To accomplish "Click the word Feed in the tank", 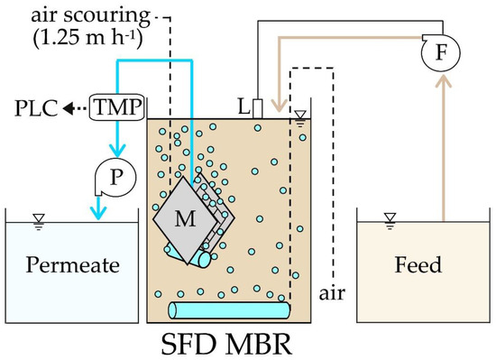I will tap(418, 266).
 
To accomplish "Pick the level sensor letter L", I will tap(243, 107).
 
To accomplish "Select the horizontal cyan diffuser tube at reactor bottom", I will tap(230, 310).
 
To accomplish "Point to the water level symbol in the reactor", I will tap(299, 115).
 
